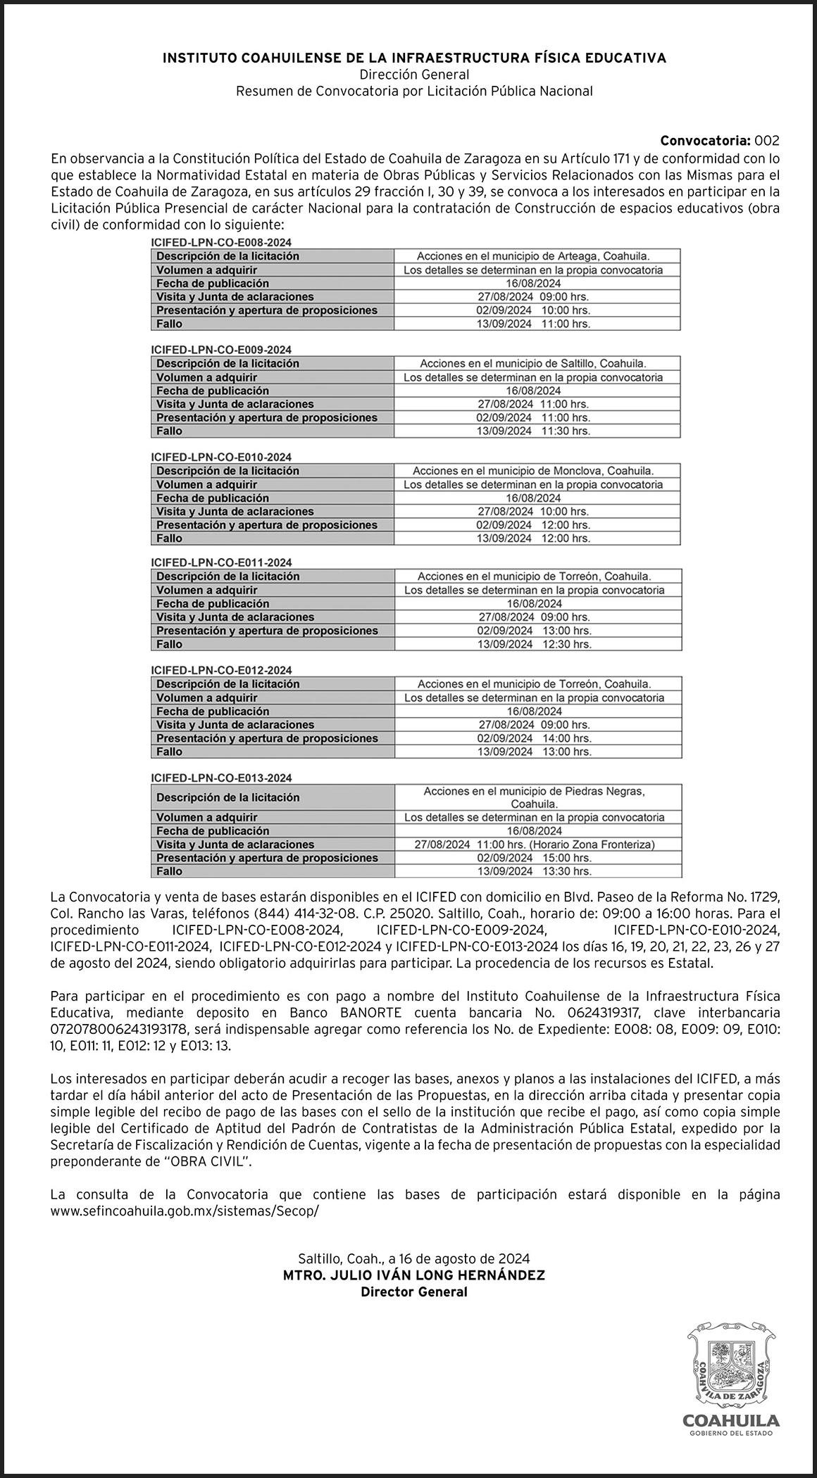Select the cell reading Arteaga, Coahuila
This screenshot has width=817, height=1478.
pos(537,256)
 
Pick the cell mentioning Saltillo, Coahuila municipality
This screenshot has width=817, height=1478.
pos(537,363)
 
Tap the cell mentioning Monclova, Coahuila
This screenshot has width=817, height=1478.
pos(537,470)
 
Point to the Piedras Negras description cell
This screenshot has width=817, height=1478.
pos(537,797)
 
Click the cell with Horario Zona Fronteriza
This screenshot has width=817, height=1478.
pos(537,845)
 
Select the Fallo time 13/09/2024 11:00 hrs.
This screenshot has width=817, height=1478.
pos(537,324)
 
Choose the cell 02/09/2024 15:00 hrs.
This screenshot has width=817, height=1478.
pos(537,858)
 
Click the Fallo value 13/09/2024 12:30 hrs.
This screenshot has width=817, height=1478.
pos(537,644)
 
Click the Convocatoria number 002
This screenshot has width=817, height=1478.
pos(767,141)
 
